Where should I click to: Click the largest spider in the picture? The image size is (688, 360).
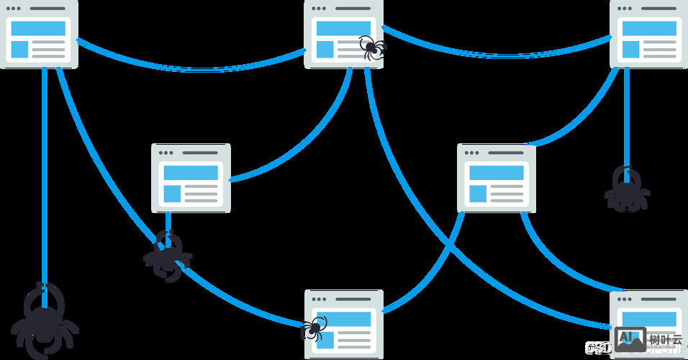point(44,323)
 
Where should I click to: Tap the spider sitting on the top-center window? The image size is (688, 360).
point(372,48)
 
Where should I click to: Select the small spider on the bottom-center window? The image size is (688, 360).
point(313,329)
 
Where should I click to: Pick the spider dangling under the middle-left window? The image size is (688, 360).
point(168,254)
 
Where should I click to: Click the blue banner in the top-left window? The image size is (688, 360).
point(38,28)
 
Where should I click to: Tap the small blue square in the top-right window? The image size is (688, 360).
point(631,49)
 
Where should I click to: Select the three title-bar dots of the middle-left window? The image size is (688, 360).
point(167,153)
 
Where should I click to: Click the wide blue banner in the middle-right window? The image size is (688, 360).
point(494,173)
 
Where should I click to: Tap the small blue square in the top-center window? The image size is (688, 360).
point(325,49)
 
